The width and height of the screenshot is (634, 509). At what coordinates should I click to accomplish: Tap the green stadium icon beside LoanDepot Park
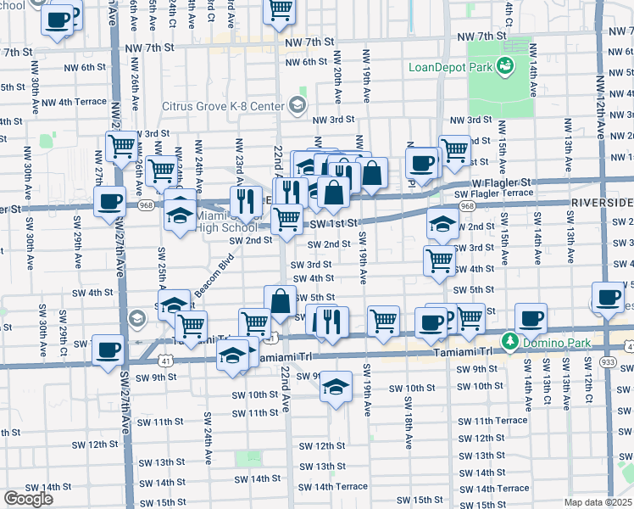click(504, 64)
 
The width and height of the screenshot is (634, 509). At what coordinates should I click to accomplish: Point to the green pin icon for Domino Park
click(510, 342)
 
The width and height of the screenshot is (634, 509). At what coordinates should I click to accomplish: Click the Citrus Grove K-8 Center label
click(224, 106)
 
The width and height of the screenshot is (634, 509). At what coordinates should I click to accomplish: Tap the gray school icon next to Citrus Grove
click(297, 105)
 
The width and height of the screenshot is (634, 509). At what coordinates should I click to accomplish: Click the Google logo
click(28, 499)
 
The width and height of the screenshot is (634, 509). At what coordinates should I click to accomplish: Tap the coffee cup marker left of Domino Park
click(531, 318)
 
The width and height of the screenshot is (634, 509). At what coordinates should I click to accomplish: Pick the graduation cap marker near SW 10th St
click(336, 388)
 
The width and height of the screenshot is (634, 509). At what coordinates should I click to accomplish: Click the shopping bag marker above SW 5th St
click(280, 300)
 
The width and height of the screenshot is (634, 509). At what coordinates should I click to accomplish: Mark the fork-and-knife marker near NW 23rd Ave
click(244, 200)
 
